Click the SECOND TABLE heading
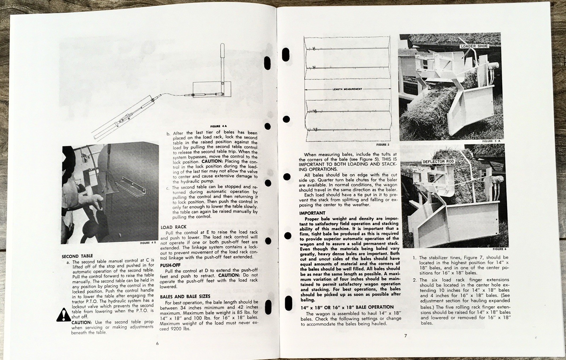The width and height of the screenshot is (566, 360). click(77, 256)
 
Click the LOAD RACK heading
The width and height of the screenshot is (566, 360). click(173, 227)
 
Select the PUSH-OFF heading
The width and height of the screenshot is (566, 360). click(170, 265)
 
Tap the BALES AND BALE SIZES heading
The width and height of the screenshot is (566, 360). click(185, 296)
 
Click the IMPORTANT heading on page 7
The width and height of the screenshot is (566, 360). click(312, 213)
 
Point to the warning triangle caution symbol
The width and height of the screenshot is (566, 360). click(63, 315)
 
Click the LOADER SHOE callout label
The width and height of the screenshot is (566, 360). click(474, 46)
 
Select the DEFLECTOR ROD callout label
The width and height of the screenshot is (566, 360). click(438, 162)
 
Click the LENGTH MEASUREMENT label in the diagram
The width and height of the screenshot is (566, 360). click(347, 89)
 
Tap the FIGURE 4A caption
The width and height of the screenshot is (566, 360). click(218, 126)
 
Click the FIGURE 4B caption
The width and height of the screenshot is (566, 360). click(148, 243)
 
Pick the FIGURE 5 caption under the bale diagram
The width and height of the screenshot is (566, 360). click(382, 145)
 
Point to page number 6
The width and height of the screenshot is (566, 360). click(157, 343)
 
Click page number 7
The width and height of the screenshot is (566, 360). click(405, 336)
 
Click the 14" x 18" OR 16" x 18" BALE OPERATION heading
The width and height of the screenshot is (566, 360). click(347, 307)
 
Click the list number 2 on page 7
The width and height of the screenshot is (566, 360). click(415, 280)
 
